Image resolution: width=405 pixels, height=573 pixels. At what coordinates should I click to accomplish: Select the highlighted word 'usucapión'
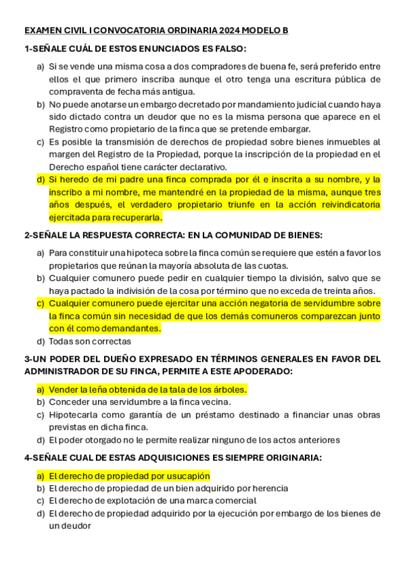click(x=187, y=476)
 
